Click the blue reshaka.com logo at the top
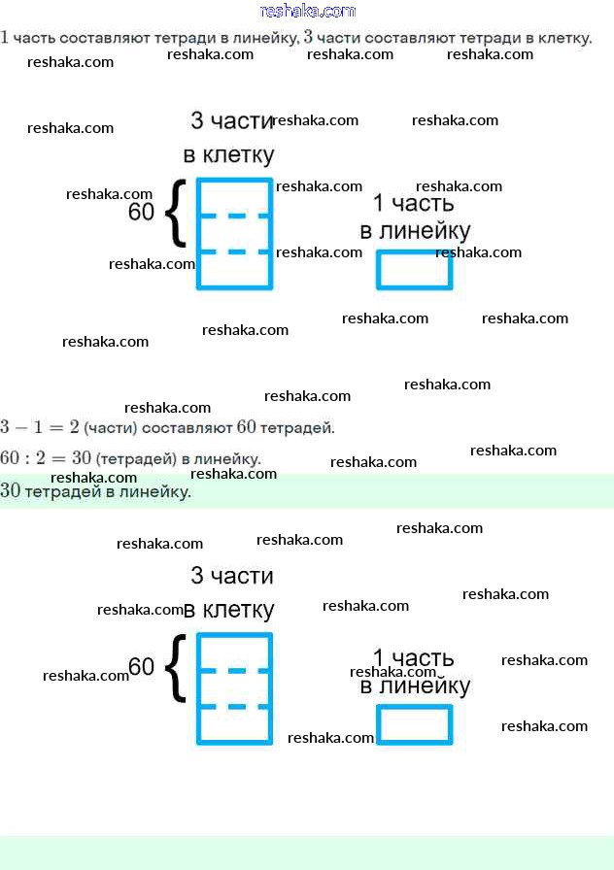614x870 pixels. tap(308, 12)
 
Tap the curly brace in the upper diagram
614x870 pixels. tap(174, 212)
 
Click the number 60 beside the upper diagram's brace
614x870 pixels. tap(142, 212)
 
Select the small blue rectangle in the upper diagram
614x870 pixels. tap(415, 269)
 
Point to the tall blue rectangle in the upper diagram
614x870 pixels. tap(234, 233)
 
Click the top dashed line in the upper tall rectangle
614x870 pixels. tap(234, 216)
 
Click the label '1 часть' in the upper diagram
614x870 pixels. tap(414, 204)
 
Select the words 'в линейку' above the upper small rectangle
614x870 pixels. tap(415, 231)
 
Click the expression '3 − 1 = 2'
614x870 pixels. tap(40, 427)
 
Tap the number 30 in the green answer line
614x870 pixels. tap(11, 491)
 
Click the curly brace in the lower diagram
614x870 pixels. tap(174, 667)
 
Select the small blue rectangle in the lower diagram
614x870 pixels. tap(415, 724)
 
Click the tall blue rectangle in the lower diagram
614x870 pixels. tap(234, 688)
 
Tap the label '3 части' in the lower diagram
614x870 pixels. tap(232, 576)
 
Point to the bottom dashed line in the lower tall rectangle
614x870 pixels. tap(234, 707)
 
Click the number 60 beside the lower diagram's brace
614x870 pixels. tap(142, 667)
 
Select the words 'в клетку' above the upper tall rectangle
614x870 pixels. tap(229, 155)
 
